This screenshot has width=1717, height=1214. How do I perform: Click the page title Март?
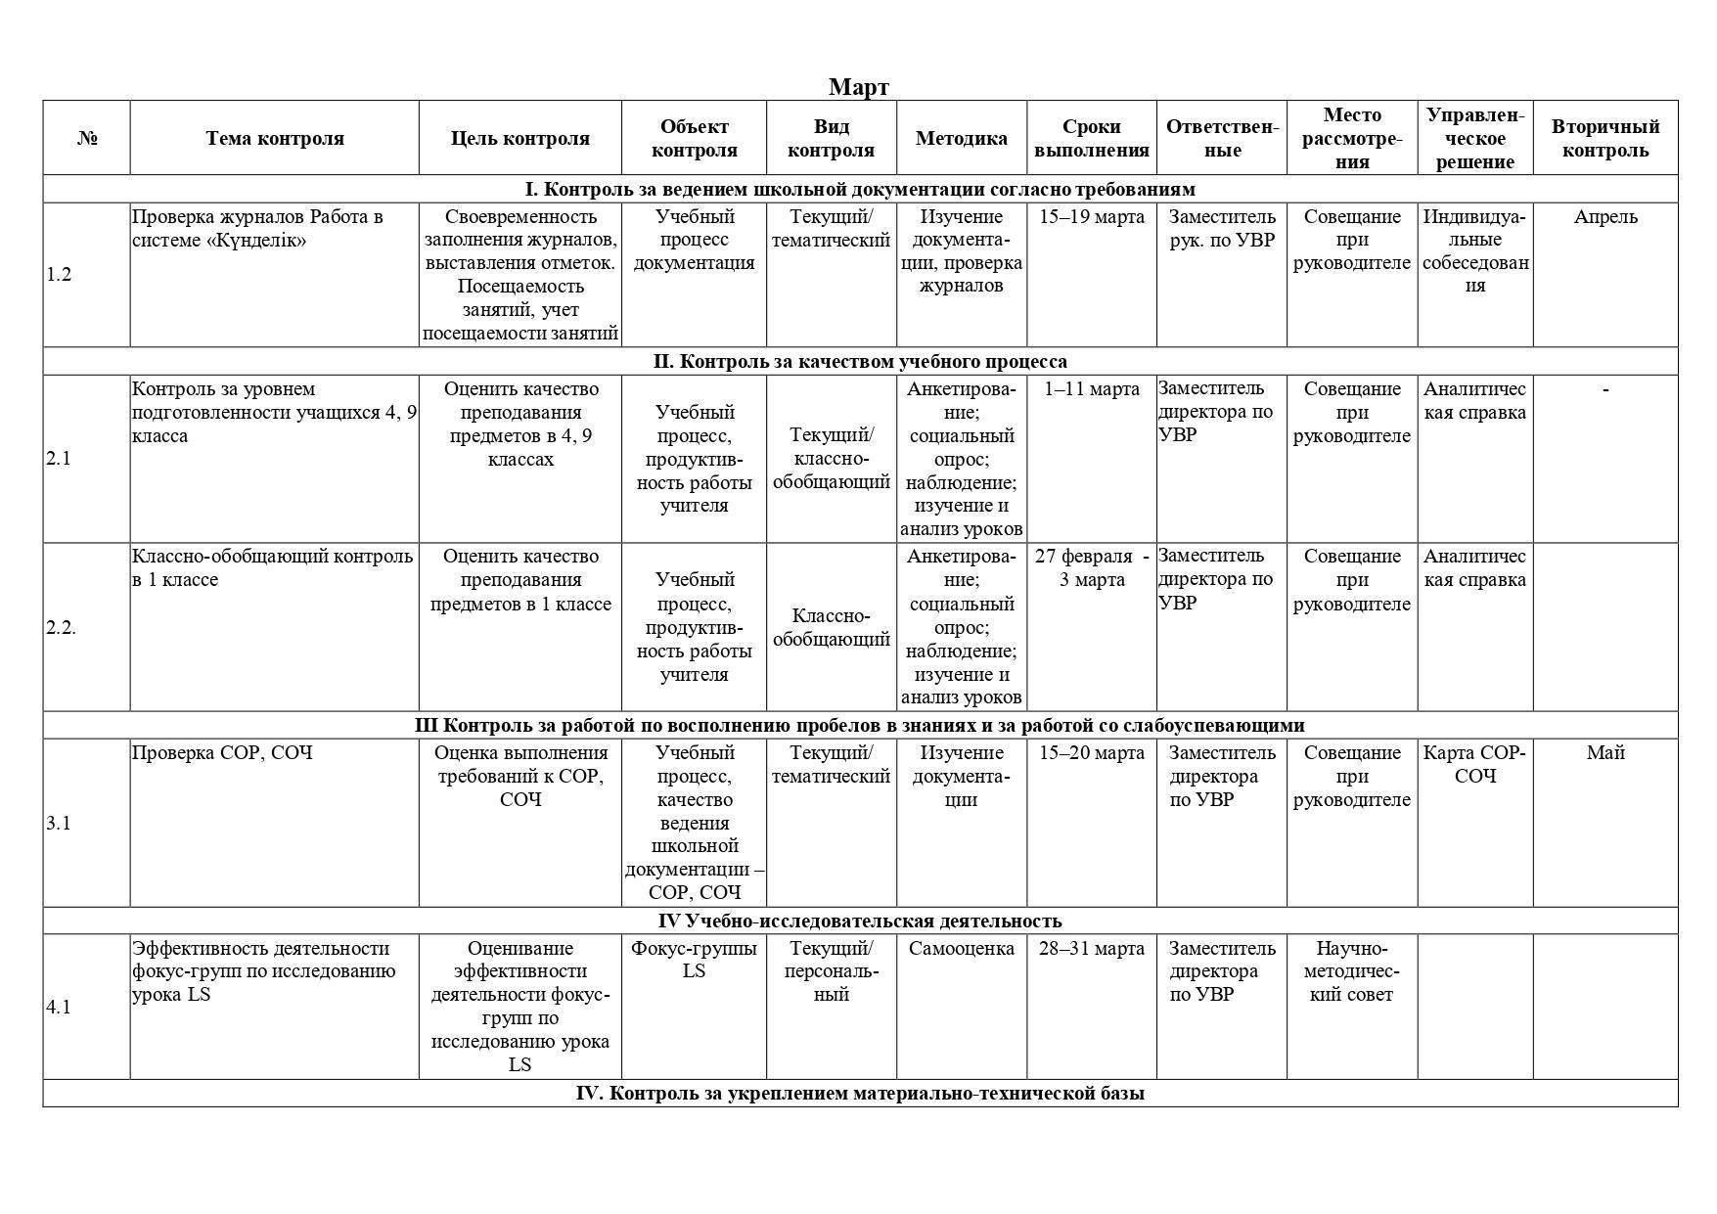click(x=858, y=87)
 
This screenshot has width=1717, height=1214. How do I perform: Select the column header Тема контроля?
click(x=275, y=138)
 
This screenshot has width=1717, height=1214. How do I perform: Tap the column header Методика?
click(x=961, y=138)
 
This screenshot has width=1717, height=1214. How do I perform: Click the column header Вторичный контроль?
click(x=1604, y=138)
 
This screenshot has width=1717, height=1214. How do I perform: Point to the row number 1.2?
click(x=59, y=274)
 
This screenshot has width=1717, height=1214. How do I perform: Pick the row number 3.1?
click(x=59, y=823)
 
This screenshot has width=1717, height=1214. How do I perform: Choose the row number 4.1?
click(x=59, y=1007)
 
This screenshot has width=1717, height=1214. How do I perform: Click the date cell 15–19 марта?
click(x=1091, y=217)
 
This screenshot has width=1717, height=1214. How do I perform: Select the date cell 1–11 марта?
click(x=1091, y=389)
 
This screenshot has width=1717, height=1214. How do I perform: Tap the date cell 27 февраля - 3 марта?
click(x=1091, y=568)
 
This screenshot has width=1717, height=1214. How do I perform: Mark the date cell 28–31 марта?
click(x=1091, y=948)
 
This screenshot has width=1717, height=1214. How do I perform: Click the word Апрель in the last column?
click(x=1604, y=217)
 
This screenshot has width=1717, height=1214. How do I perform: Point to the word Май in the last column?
click(x=1604, y=752)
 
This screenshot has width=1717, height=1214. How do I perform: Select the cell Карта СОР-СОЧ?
click(x=1474, y=764)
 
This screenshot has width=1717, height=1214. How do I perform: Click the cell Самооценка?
click(x=961, y=948)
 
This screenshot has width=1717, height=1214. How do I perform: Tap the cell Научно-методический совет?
click(x=1351, y=971)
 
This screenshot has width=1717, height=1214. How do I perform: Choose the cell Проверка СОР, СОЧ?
click(x=222, y=752)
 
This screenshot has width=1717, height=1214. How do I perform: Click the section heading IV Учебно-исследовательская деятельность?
click(x=859, y=921)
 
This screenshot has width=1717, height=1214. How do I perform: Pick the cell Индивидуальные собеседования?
click(x=1474, y=250)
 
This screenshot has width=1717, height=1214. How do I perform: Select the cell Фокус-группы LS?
click(x=694, y=960)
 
